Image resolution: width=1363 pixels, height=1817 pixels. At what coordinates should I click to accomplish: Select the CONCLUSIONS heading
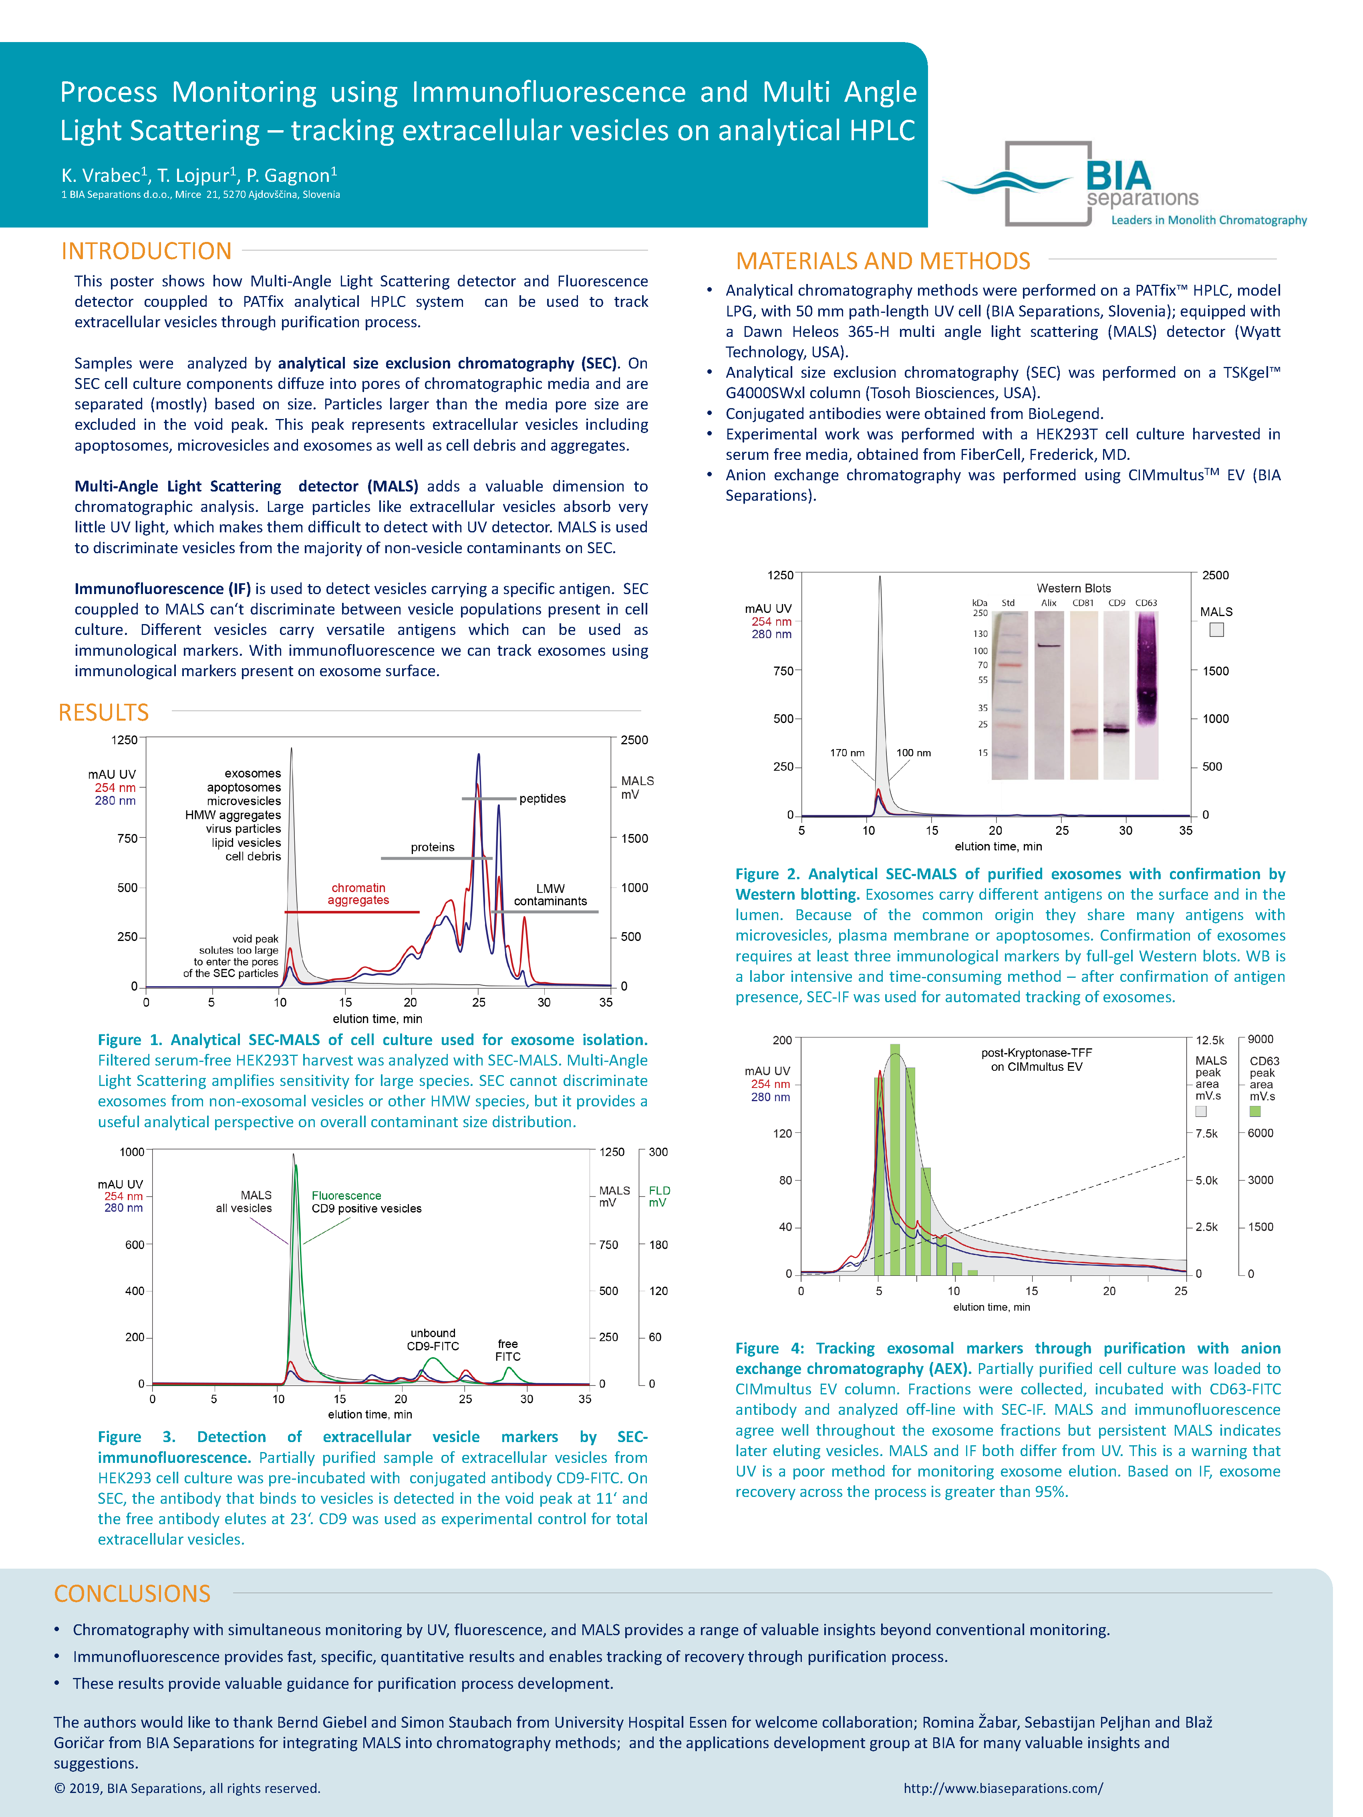coord(132,1593)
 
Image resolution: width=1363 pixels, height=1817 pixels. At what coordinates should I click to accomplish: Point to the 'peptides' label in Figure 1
coord(542,798)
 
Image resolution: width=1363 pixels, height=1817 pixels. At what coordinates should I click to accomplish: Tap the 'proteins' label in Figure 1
coord(432,847)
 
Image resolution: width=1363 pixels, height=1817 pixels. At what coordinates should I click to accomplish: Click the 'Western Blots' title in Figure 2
coord(1073,588)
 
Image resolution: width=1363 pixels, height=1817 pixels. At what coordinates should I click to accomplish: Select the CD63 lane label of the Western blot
coord(1146,603)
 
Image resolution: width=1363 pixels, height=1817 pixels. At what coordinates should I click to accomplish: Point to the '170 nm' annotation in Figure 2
coord(847,752)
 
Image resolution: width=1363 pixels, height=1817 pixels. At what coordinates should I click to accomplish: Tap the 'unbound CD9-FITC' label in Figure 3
coord(433,1340)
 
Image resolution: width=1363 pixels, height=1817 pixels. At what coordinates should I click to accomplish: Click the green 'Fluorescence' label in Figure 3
coord(346,1196)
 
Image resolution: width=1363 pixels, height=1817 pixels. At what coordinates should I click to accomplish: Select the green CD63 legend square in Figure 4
coord(1254,1112)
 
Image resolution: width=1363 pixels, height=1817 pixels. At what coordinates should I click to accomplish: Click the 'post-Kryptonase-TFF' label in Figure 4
coord(1036,1053)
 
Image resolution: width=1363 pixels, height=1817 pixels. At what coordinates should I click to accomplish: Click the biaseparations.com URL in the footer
coord(1003,1788)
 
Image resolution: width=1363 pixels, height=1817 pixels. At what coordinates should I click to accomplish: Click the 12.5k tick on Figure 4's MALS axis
coord(1209,1040)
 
